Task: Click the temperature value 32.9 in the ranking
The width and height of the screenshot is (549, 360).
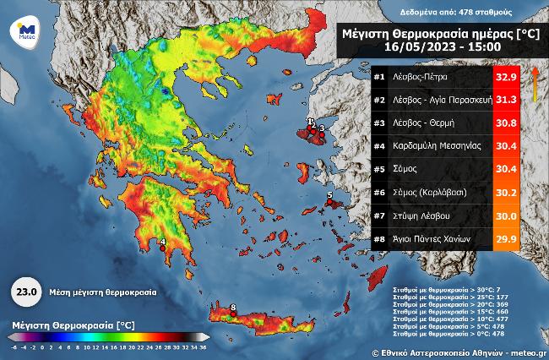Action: (506, 77)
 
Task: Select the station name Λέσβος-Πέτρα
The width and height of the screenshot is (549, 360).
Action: (419, 77)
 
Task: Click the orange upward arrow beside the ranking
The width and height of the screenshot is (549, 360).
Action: (534, 85)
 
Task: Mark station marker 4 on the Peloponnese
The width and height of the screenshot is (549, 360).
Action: (163, 247)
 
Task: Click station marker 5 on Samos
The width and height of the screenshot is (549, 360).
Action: (329, 200)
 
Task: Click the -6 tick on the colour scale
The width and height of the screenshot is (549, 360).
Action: (14, 346)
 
